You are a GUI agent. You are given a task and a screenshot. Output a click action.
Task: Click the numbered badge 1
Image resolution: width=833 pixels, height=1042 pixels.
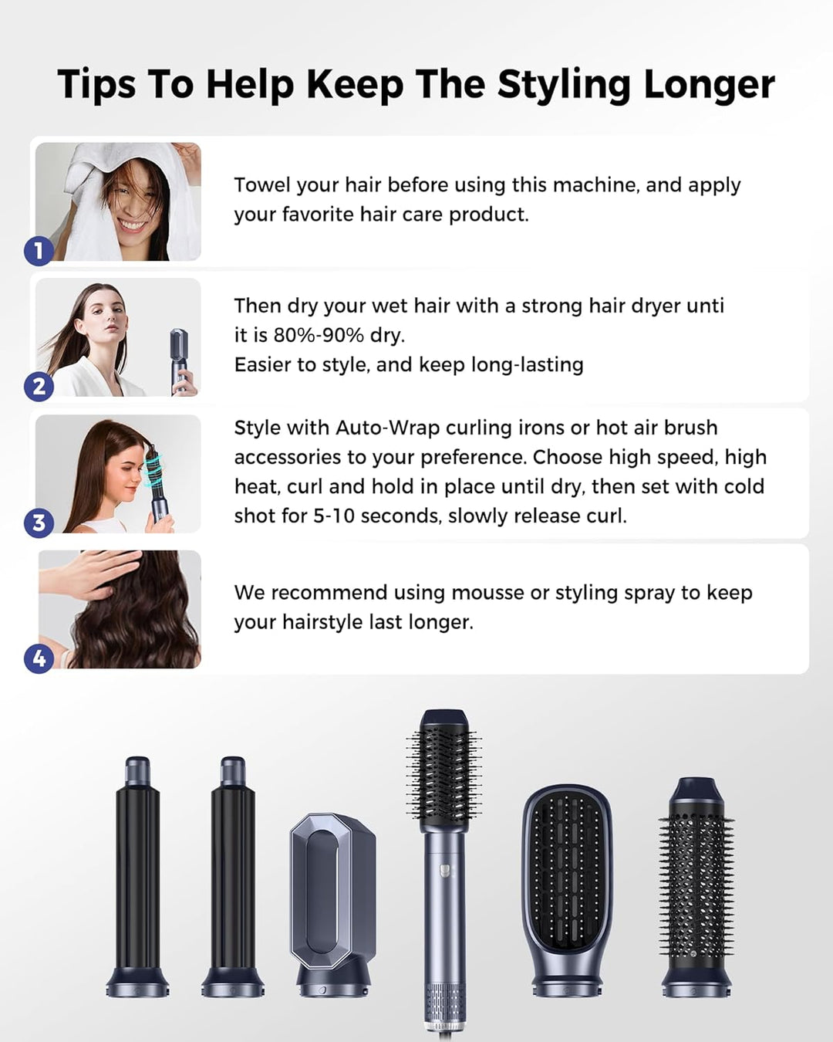point(39,251)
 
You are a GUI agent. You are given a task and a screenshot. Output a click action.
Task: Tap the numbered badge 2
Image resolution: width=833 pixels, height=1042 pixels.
point(39,386)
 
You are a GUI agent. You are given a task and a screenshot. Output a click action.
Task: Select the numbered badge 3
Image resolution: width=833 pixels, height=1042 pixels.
point(39,523)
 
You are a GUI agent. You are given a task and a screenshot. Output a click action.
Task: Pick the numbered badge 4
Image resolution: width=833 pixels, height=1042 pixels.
point(39,659)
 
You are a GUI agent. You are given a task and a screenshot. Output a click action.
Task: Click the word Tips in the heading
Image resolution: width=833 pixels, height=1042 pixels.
point(96,84)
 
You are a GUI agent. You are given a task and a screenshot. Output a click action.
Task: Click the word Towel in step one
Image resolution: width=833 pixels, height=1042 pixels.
point(262,185)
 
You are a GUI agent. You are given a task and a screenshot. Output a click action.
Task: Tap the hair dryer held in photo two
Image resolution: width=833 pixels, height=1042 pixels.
point(179,359)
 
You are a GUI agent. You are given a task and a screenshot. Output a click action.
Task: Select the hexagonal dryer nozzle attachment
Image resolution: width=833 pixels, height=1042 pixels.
point(332,895)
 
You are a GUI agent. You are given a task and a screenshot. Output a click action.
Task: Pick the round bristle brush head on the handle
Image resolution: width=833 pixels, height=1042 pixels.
point(443,768)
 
